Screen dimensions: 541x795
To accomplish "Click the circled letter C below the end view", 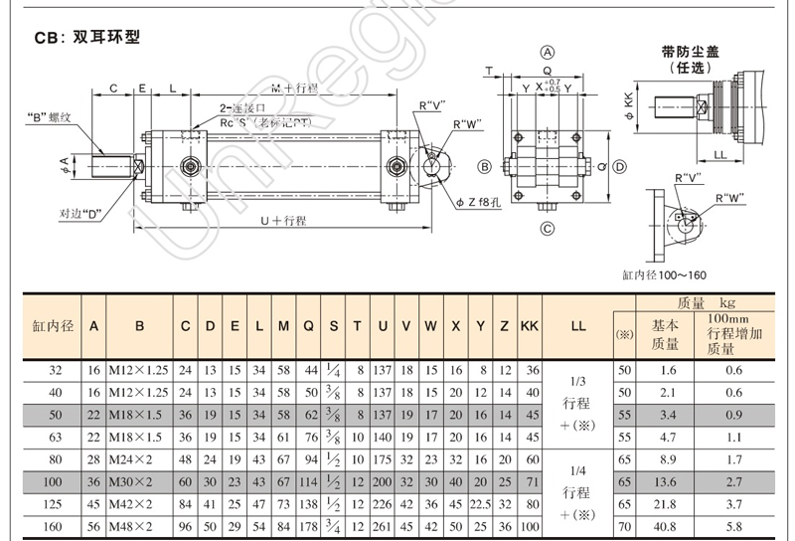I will (547, 230).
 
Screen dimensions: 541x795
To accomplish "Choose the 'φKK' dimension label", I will (628, 103).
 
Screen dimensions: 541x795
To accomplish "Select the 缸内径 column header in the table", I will (53, 325).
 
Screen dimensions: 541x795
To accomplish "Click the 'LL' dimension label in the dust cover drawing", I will (719, 154).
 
